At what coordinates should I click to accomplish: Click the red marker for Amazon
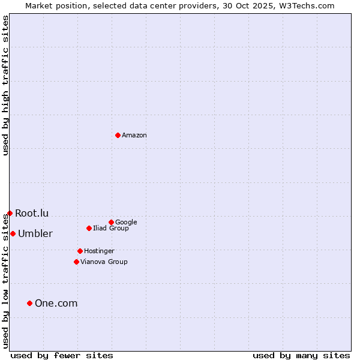click(118, 135)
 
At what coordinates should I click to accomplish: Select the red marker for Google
click(111, 222)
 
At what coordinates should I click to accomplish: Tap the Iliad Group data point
click(89, 228)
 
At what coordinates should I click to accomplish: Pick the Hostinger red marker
click(80, 251)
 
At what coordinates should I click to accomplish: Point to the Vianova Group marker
click(76, 262)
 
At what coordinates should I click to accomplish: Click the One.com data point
click(29, 303)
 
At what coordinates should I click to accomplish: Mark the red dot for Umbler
click(13, 233)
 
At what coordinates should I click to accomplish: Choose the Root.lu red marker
click(10, 213)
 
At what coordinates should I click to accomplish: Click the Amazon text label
click(134, 136)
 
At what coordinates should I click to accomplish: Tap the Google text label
click(126, 223)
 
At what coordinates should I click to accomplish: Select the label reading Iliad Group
click(111, 229)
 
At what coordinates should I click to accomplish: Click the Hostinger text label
click(99, 251)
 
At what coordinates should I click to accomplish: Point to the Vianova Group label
click(104, 262)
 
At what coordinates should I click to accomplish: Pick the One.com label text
click(56, 304)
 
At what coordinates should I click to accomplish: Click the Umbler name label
click(35, 234)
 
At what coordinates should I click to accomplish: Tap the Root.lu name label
click(32, 214)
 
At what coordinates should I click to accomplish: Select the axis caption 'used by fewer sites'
click(62, 356)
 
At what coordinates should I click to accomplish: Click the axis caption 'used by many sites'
click(301, 356)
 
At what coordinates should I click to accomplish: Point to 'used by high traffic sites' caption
click(5, 85)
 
